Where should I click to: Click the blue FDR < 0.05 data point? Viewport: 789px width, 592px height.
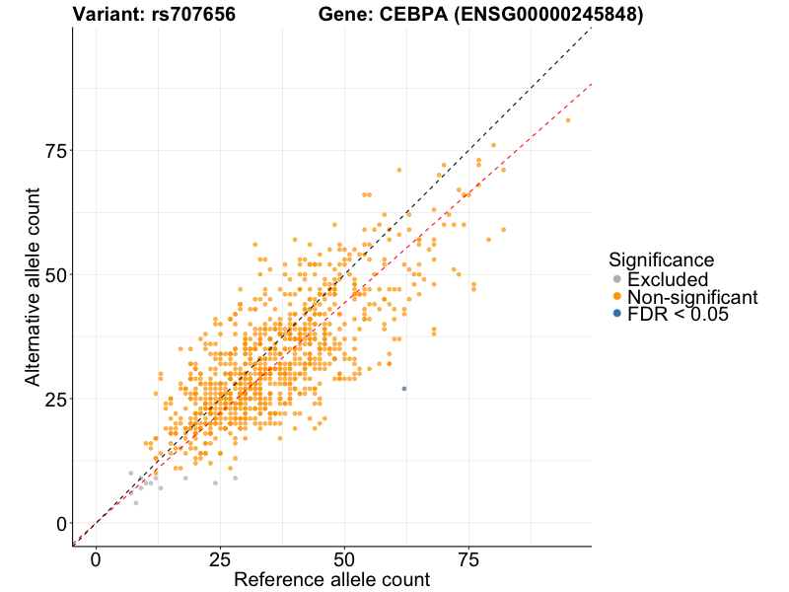coord(403,389)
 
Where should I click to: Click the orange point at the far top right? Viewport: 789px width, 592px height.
coord(568,120)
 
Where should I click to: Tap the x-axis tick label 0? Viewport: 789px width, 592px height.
coord(96,558)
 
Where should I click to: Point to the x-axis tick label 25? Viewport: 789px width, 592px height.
coord(220,558)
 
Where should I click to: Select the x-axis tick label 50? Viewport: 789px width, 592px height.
coord(344,558)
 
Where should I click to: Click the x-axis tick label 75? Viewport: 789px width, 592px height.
coord(468,558)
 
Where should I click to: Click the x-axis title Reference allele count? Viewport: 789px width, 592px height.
coord(331,579)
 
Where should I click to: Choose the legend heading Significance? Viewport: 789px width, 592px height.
coord(661,259)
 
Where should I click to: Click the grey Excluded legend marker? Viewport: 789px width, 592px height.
coord(617,280)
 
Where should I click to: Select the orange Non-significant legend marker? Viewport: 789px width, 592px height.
coord(617,297)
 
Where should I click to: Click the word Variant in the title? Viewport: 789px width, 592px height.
coord(108,15)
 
